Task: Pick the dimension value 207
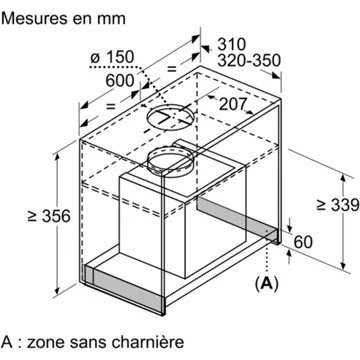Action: [231, 103]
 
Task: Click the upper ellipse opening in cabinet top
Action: [171, 117]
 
